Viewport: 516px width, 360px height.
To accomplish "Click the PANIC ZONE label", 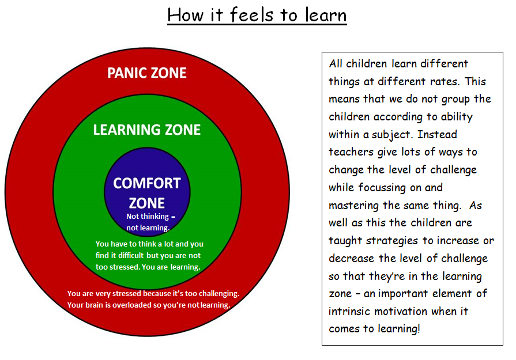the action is pyautogui.click(x=147, y=73).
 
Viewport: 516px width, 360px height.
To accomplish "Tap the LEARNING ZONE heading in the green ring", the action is pyautogui.click(x=147, y=130).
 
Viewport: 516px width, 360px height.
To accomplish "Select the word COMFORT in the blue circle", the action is pyautogui.click(x=147, y=183).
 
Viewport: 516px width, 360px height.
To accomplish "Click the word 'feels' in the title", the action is pyautogui.click(x=251, y=15).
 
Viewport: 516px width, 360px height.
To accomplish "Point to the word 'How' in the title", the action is pyautogui.click(x=186, y=15).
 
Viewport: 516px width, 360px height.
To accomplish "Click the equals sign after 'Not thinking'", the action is pyautogui.click(x=173, y=217).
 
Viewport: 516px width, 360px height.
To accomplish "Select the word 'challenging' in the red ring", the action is pyautogui.click(x=219, y=294).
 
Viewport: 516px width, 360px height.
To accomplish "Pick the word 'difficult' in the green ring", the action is pyautogui.click(x=131, y=255).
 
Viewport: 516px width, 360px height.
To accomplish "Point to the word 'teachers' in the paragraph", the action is pyautogui.click(x=351, y=152).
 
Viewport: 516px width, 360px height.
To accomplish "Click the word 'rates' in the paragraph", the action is pyautogui.click(x=442, y=82).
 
